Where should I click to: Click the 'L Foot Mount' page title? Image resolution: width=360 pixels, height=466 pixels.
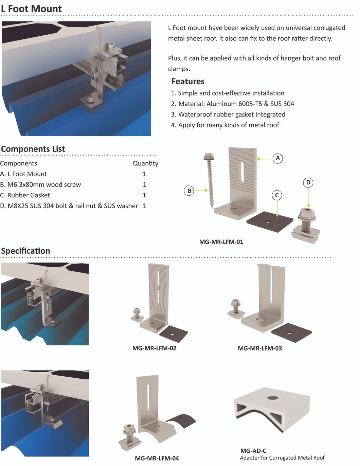31,9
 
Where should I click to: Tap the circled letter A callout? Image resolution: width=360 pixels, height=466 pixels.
278,159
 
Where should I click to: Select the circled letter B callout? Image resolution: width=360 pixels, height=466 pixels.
189,191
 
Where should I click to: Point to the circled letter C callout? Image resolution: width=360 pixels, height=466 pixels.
277,195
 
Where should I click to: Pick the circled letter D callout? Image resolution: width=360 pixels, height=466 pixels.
308,182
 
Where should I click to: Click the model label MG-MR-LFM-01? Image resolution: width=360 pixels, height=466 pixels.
221,242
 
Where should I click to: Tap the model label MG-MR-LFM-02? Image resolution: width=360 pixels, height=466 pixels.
155,348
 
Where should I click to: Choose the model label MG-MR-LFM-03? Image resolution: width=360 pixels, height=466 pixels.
260,348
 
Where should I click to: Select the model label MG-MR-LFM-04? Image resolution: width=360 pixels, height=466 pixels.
157,459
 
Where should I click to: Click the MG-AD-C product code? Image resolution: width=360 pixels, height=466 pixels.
253,451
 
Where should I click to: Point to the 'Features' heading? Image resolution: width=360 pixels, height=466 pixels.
188,81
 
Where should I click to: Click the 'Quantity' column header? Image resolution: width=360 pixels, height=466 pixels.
146,163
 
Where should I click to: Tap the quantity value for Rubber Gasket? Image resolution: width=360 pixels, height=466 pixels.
144,195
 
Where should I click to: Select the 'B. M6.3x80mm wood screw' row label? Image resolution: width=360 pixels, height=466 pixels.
40,185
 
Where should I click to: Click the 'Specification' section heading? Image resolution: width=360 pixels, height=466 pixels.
25,251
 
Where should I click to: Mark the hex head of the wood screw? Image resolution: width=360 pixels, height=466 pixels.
209,156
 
